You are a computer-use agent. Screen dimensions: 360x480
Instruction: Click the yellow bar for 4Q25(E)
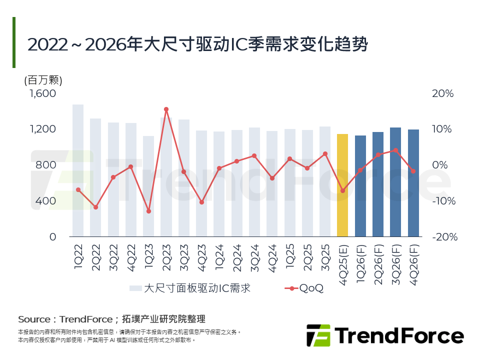tap(342, 185)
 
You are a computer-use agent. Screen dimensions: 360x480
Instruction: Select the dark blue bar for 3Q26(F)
tap(395, 182)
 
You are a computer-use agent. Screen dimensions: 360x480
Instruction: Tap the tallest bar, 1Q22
tap(78, 170)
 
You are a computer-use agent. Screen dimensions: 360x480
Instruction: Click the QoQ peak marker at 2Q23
tap(166, 109)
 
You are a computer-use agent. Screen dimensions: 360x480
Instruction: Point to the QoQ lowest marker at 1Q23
tap(148, 211)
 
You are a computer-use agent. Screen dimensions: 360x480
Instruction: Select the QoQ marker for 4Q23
tap(201, 202)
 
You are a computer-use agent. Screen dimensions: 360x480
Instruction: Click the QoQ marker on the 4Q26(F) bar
tap(413, 171)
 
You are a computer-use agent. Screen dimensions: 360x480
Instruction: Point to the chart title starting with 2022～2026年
tap(197, 44)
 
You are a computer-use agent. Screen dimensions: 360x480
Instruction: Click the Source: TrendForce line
tap(111, 319)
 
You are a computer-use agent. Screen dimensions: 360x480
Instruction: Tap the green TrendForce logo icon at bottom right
tap(318, 335)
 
